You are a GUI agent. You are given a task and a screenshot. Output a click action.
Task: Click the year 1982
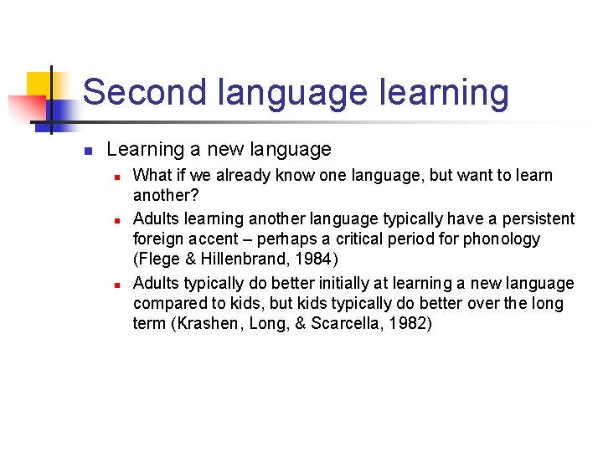click(408, 323)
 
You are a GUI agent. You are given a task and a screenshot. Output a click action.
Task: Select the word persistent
click(539, 219)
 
